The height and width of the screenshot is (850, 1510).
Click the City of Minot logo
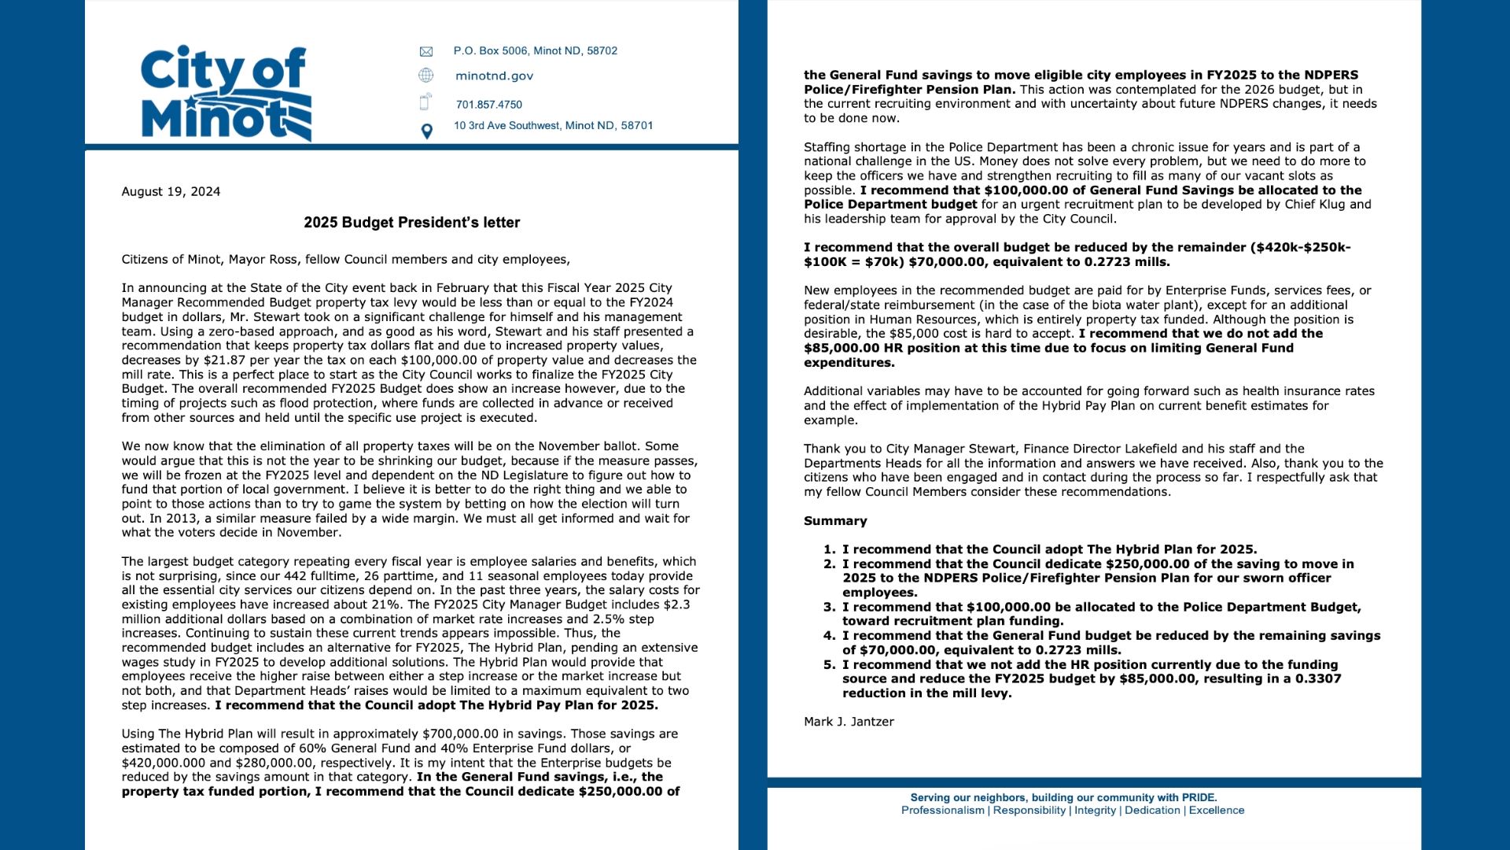(x=226, y=93)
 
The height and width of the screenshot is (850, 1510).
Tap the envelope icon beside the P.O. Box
(x=426, y=52)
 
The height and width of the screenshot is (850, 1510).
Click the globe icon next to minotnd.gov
(x=426, y=76)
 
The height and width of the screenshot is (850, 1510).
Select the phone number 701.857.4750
(x=488, y=105)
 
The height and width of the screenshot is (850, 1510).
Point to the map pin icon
(x=426, y=131)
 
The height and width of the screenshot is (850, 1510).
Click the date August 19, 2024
(x=171, y=192)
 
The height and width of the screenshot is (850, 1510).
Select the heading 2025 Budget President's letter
(x=411, y=223)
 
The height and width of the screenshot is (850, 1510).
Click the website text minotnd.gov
(x=494, y=76)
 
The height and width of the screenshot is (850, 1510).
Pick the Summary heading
(x=835, y=521)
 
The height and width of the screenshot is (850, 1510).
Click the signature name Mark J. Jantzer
(x=849, y=722)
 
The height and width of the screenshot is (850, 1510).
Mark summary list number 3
(x=829, y=607)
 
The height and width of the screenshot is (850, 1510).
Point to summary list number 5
(x=829, y=665)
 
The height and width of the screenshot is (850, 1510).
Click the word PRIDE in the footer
(x=1197, y=798)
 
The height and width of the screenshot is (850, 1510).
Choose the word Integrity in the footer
(x=1095, y=811)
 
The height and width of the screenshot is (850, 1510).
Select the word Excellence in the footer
(x=1216, y=811)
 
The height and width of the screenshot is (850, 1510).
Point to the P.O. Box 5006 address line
(x=535, y=51)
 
